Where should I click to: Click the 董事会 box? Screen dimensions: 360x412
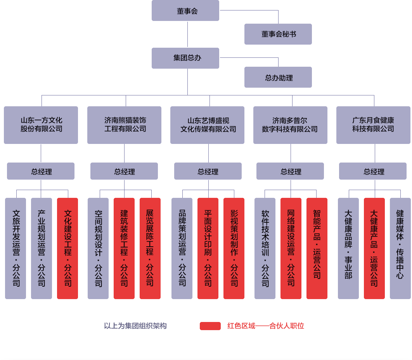click(185, 11)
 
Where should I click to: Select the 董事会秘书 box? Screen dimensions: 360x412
click(278, 34)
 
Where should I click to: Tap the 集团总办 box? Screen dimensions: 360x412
click(185, 58)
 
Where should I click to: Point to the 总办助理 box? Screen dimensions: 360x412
click(278, 78)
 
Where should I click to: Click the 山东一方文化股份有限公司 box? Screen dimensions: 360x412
click(41, 125)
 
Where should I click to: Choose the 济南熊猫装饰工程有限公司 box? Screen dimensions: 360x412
click(124, 125)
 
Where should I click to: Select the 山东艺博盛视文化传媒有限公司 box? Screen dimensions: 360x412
click(208, 125)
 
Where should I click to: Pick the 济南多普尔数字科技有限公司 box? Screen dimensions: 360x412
click(290, 125)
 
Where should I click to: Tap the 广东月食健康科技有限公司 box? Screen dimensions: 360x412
click(373, 125)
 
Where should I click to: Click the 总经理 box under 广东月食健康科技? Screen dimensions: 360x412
click(373, 171)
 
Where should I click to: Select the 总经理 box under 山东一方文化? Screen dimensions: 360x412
click(41, 171)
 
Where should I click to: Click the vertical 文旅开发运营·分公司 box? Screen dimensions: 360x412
click(16, 248)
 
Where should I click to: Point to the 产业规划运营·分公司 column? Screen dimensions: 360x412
click(42, 248)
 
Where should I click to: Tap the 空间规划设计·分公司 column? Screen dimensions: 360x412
click(98, 248)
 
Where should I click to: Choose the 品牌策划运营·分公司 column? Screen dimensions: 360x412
click(182, 248)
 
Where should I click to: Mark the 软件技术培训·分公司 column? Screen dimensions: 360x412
click(265, 248)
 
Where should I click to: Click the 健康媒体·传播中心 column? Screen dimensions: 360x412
click(400, 248)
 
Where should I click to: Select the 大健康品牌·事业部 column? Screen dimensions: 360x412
click(348, 248)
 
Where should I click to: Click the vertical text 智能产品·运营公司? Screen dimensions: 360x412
click(317, 244)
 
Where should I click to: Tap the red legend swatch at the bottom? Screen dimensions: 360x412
click(210, 326)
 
